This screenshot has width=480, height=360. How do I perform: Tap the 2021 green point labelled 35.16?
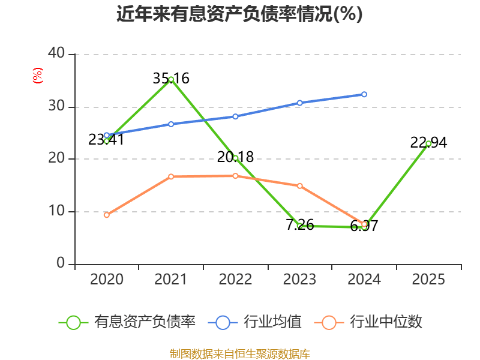pyautogui.click(x=171, y=79)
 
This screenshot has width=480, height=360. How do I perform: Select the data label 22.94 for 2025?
pyautogui.click(x=428, y=143)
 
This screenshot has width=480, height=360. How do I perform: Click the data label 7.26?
pyautogui.click(x=300, y=226)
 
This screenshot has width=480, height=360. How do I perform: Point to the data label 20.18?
pyautogui.click(x=235, y=157)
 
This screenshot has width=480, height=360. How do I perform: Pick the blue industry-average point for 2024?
pyautogui.click(x=364, y=94)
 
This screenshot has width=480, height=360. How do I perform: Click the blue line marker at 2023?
pyautogui.click(x=300, y=103)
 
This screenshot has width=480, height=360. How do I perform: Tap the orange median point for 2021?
pyautogui.click(x=171, y=176)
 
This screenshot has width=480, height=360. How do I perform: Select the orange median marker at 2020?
pyautogui.click(x=107, y=215)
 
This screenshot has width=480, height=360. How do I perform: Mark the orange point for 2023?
pyautogui.click(x=300, y=186)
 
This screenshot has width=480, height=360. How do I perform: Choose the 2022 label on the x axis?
pyautogui.click(x=235, y=280)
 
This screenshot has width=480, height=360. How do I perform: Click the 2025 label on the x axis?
pyautogui.click(x=428, y=280)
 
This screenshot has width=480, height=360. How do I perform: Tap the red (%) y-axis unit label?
pyautogui.click(x=38, y=76)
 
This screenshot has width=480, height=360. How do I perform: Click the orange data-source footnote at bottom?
pyautogui.click(x=239, y=353)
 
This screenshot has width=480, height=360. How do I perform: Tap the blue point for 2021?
pyautogui.click(x=171, y=124)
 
